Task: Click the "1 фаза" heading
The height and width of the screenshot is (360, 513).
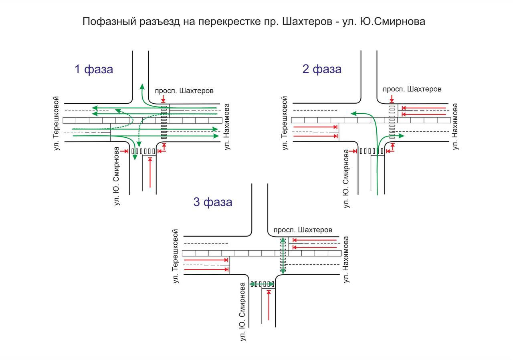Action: (94, 69)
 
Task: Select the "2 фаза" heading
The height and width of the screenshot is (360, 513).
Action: (322, 69)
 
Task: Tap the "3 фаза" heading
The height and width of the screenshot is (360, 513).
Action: (212, 202)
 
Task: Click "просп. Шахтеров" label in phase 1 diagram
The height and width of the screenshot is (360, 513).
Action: (184, 91)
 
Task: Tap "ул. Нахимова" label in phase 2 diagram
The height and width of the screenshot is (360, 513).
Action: (455, 127)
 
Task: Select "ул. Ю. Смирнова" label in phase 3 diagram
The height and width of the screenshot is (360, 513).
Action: (242, 312)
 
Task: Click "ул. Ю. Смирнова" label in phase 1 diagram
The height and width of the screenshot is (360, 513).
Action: (117, 177)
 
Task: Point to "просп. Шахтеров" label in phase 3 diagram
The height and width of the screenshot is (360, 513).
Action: (303, 230)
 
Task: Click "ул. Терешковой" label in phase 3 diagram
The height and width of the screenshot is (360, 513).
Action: (175, 256)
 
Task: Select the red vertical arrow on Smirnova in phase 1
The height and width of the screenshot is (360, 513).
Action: (150, 173)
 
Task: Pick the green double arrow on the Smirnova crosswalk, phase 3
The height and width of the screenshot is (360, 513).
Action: (262, 284)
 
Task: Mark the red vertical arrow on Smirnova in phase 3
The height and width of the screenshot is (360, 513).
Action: (269, 306)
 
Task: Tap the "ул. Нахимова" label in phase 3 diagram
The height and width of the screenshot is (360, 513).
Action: (346, 259)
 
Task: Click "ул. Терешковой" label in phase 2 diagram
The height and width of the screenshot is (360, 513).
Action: (285, 123)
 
